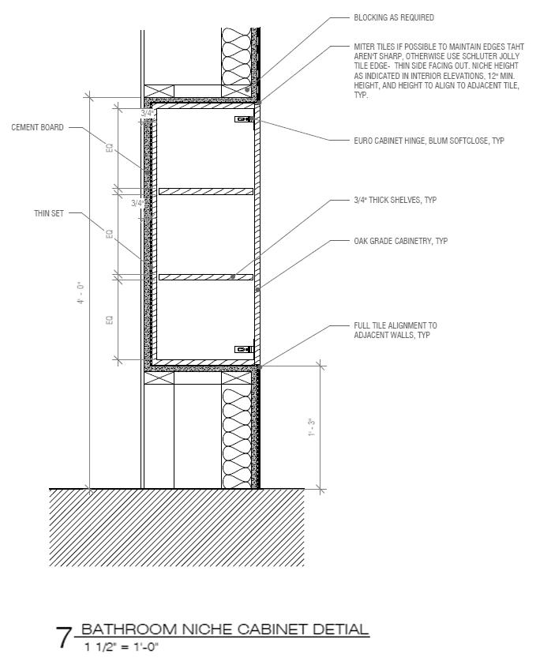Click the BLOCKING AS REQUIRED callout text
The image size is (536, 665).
(x=394, y=17)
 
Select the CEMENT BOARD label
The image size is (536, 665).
(x=37, y=127)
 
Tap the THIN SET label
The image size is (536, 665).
(x=48, y=213)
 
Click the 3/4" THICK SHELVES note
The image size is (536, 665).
(x=395, y=201)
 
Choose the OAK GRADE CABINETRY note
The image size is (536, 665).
(x=400, y=241)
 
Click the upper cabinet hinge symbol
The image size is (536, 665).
(x=243, y=120)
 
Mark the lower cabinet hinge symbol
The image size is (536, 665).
(x=243, y=349)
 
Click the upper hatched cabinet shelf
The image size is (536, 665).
(x=206, y=191)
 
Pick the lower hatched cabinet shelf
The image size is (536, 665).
(x=206, y=276)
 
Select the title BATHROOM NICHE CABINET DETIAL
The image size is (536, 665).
(x=225, y=629)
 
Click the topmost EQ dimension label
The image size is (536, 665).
(x=110, y=148)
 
